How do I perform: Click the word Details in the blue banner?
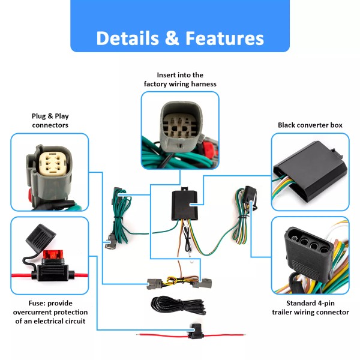(127, 38)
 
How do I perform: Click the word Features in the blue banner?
(224, 38)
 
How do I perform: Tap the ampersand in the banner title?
(172, 38)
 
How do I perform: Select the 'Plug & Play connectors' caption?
(50, 121)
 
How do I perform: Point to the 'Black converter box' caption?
(310, 125)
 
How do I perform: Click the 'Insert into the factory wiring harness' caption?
(180, 79)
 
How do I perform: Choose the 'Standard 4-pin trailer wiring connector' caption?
(310, 308)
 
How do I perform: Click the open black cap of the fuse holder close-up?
(41, 235)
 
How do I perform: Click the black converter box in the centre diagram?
(185, 205)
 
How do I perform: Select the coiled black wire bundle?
(178, 305)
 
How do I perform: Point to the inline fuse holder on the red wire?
(195, 332)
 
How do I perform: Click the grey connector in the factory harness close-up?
(181, 128)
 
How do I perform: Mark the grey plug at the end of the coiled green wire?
(112, 242)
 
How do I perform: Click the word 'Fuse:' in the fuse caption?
(37, 303)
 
